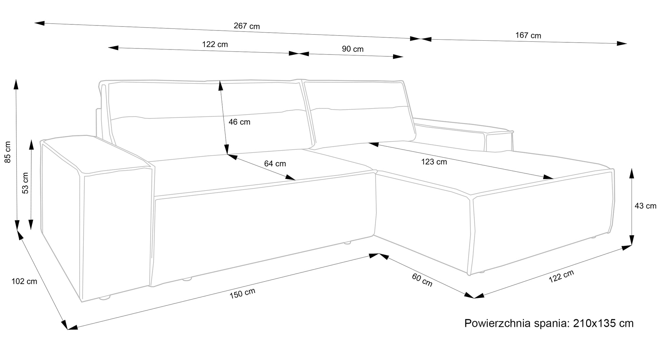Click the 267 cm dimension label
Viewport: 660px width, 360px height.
247,26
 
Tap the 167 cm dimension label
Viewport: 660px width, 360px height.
528,35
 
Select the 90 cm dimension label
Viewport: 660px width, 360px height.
352,49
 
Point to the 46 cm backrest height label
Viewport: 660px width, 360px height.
239,122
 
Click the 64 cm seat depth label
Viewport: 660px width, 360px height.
275,164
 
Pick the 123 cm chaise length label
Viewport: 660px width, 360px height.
434,162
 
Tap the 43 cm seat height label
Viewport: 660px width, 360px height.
645,206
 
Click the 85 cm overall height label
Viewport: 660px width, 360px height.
7,152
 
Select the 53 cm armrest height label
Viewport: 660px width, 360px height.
25,183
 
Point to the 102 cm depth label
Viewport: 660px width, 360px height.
24,281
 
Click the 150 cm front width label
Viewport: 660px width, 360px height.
242,293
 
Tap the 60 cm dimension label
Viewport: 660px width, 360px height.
422,280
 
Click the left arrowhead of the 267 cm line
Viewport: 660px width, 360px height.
39,23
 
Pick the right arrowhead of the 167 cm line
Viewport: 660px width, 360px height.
622,43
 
